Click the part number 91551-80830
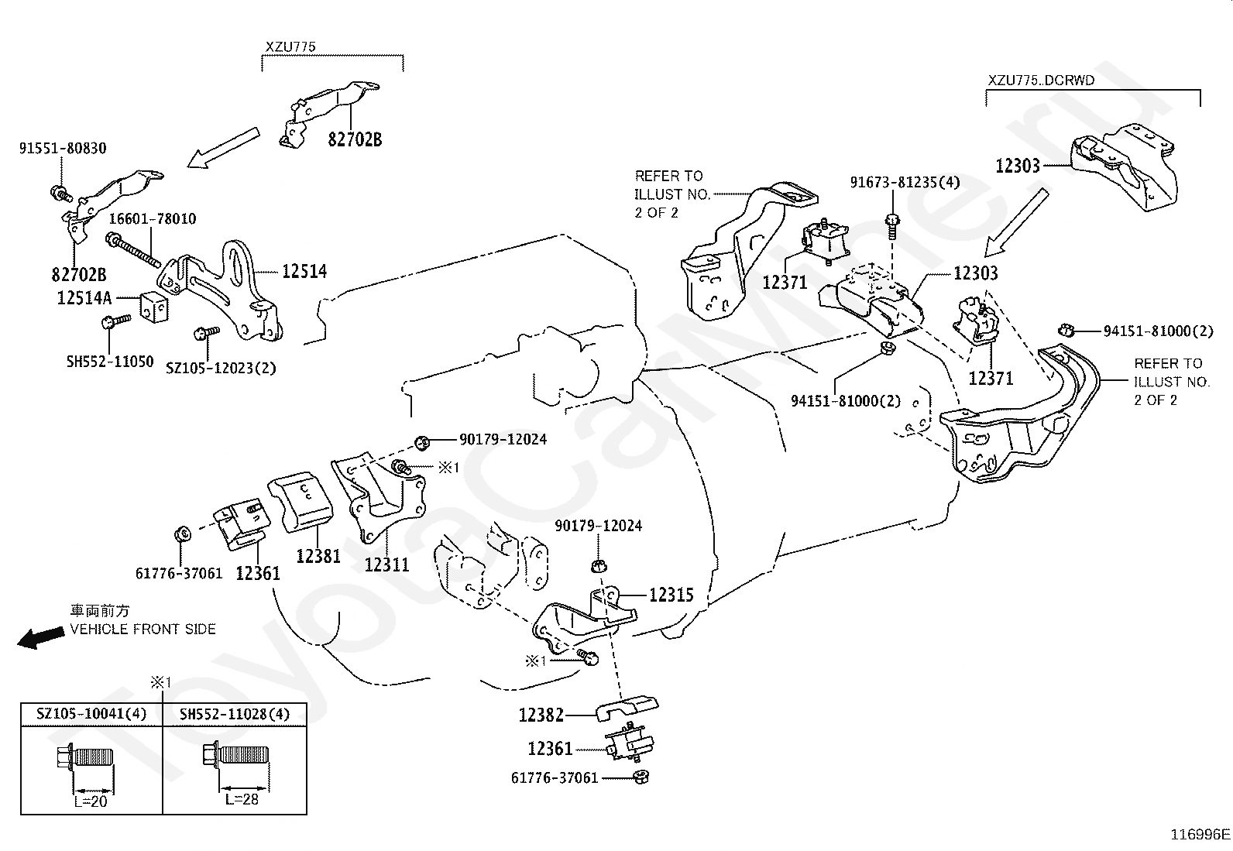63,148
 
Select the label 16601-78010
152,218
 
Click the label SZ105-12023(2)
221,368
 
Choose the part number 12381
318,556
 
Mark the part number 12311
387,564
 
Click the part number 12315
671,595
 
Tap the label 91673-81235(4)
905,182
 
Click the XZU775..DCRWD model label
1041,80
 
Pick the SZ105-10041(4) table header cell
91,714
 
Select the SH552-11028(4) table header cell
235,714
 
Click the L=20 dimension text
91,801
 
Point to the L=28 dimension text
242,799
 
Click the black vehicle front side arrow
40,637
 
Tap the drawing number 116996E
1200,834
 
